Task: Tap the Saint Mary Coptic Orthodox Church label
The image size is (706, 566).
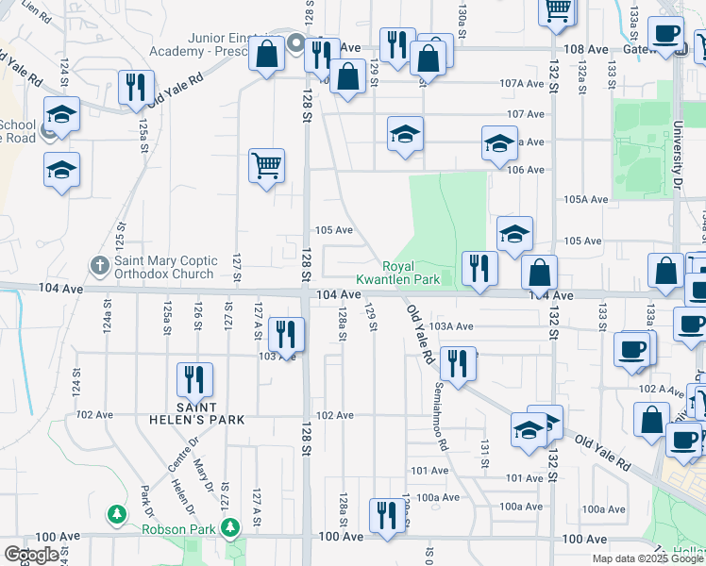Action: coord(165,268)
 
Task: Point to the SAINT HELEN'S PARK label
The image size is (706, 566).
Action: coord(195,419)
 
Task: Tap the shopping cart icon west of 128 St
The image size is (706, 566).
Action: coord(267,166)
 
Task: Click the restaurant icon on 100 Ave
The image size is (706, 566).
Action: coord(384,516)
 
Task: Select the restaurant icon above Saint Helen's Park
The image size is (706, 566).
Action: coord(195,380)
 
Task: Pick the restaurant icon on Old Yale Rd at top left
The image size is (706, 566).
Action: coord(136,88)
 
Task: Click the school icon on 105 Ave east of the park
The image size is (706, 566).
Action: coord(515,234)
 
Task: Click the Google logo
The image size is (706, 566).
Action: coord(31,555)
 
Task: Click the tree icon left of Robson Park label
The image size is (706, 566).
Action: coord(116,515)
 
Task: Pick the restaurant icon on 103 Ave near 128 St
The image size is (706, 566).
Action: coord(285,334)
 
